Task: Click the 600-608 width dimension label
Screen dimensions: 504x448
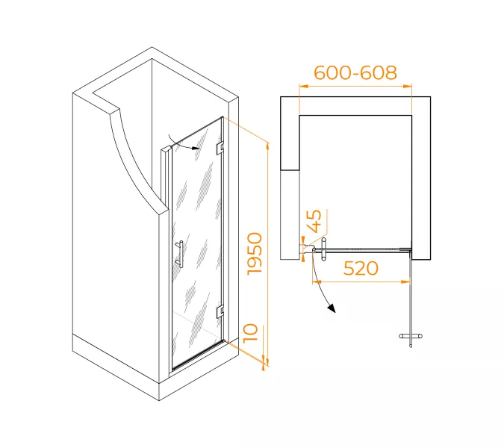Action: [x=355, y=73]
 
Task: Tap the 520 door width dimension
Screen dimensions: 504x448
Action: [x=361, y=268]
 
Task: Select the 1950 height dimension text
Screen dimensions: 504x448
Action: [x=255, y=254]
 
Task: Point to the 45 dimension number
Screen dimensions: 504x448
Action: [x=314, y=221]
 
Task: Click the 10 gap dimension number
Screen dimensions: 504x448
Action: [x=251, y=333]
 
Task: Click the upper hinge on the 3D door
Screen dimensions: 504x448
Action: [x=220, y=147]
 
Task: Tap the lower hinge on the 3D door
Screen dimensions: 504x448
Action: [x=220, y=310]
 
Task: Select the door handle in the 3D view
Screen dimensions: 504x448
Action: [x=180, y=254]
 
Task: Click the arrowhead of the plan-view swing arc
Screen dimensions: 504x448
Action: [x=332, y=308]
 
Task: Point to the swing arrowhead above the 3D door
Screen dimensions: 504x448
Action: [x=194, y=148]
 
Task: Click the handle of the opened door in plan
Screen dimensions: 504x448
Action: [x=411, y=336]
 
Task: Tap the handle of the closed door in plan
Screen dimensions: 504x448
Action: [x=323, y=249]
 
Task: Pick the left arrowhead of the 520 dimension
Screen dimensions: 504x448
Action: [x=317, y=282]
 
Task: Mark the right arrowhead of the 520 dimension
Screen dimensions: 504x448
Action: [x=405, y=282]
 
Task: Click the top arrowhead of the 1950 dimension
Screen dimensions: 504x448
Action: [x=267, y=146]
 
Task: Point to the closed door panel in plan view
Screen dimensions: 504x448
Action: [x=362, y=249]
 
